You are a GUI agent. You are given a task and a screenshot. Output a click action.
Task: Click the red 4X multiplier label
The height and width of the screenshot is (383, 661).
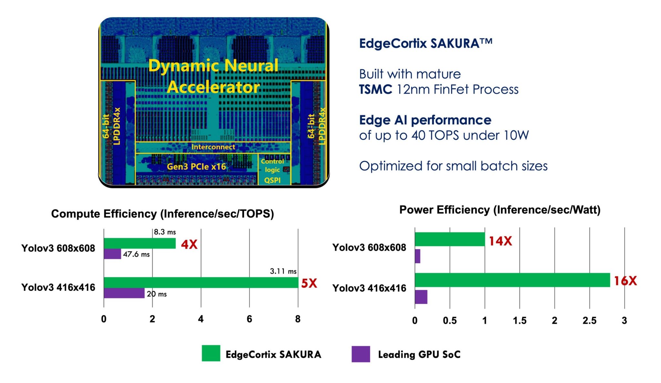(189, 245)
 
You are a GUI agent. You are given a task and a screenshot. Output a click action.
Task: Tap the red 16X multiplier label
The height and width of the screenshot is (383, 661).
(625, 281)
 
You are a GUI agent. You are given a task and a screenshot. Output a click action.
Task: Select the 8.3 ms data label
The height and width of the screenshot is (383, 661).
(165, 232)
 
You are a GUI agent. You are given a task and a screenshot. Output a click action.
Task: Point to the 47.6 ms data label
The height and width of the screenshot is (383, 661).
(136, 254)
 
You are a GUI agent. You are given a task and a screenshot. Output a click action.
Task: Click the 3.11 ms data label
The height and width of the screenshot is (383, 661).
(283, 271)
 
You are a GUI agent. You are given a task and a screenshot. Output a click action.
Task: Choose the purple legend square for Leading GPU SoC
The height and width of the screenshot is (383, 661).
(361, 354)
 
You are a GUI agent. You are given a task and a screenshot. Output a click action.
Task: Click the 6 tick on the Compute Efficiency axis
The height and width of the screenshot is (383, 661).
(249, 319)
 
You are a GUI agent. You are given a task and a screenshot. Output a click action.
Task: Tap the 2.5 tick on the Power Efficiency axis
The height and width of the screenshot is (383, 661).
(589, 320)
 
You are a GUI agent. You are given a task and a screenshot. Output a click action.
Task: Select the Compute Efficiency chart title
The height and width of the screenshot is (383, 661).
(162, 214)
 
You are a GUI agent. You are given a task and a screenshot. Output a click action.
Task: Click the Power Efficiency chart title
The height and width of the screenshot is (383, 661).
(500, 210)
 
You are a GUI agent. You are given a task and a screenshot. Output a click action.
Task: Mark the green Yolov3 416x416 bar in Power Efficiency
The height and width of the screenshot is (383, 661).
(512, 280)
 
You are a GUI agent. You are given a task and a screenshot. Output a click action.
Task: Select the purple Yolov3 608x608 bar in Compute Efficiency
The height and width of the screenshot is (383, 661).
(112, 254)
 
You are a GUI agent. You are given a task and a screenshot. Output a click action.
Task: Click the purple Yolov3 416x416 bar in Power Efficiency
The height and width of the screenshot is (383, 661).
(421, 297)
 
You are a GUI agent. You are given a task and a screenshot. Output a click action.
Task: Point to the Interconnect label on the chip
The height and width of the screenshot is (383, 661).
(213, 147)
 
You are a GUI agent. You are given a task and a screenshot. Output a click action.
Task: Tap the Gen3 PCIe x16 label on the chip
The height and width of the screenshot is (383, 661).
(196, 167)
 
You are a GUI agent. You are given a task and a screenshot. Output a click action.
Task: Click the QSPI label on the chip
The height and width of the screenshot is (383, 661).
(272, 180)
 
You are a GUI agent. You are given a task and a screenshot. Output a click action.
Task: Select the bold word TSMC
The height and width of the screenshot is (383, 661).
(376, 89)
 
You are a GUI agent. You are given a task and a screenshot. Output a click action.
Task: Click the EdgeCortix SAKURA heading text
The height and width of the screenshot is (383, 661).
(425, 44)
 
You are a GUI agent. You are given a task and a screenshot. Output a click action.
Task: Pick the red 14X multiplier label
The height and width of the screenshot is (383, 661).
(500, 241)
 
